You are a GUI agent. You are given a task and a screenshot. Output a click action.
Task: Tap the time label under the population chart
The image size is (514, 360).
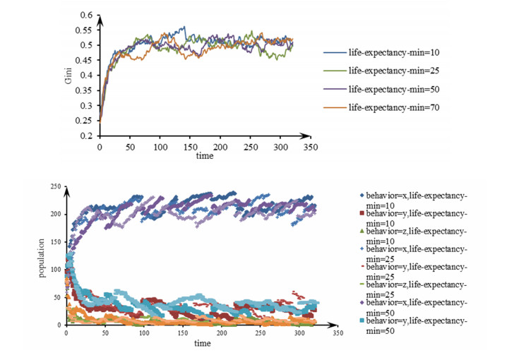203,343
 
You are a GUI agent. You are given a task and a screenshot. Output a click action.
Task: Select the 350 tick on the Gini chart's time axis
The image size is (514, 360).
309,148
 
